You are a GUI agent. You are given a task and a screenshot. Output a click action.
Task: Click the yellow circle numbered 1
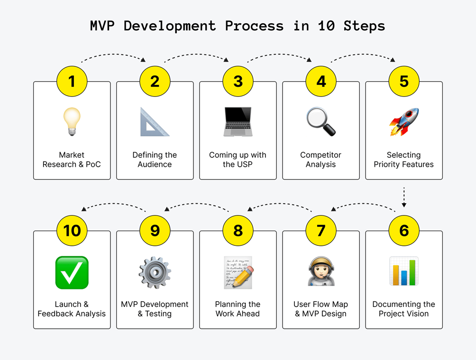(72, 81)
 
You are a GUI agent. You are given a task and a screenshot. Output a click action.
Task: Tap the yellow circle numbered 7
(321, 231)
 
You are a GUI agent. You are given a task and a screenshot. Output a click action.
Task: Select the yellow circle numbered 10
(72, 231)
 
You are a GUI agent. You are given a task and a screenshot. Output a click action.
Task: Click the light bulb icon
(72, 121)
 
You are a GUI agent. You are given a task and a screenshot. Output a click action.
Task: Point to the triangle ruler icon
(155, 122)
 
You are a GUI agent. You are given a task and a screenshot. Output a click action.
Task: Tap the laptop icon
(238, 122)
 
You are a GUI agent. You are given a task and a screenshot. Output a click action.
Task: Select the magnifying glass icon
(321, 121)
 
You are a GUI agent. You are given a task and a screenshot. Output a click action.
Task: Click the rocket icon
(404, 122)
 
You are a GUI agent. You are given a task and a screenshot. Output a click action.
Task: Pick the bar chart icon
(404, 271)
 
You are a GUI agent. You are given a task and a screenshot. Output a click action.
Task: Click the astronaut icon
(321, 271)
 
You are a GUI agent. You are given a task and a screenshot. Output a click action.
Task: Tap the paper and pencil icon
(238, 272)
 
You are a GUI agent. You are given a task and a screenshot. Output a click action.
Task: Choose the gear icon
(155, 272)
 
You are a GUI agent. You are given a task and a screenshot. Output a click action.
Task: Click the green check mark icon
(72, 272)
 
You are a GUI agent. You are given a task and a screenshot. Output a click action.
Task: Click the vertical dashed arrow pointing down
(404, 197)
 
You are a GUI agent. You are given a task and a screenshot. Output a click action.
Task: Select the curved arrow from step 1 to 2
(113, 54)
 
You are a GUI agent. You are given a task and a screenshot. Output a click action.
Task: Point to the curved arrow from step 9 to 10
(113, 204)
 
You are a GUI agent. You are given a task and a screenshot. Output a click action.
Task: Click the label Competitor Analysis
(321, 160)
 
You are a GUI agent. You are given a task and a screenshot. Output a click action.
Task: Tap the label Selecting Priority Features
(404, 160)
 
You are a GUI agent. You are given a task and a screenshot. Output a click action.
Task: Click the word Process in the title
(255, 26)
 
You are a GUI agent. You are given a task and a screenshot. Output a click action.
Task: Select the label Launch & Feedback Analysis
(72, 309)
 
